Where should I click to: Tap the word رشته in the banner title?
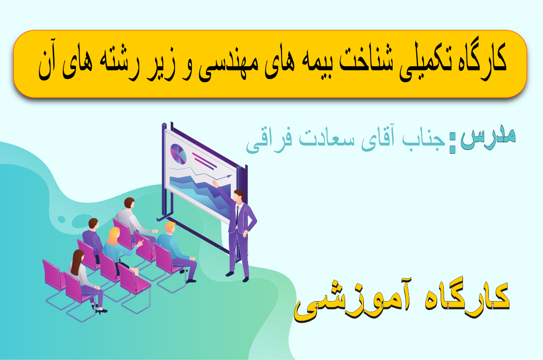tap(118, 62)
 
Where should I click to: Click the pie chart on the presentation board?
tap(178, 154)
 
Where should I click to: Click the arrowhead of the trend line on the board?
tap(229, 176)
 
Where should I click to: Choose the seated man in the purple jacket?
tap(93, 237)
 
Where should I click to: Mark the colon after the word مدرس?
tap(452, 143)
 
